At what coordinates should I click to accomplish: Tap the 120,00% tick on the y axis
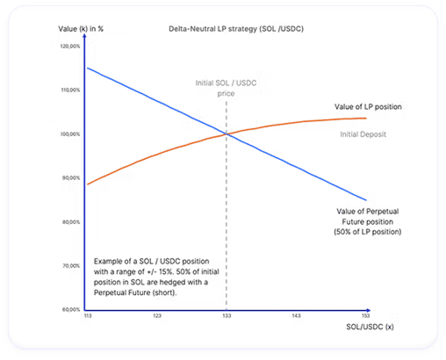[x=69, y=46]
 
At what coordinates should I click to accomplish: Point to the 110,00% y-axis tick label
[x=69, y=90]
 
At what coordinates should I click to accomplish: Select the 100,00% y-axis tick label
[x=69, y=133]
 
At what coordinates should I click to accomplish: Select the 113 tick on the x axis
[x=88, y=315]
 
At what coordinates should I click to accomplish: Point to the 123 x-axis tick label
[x=157, y=315]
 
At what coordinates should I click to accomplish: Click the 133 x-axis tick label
[x=227, y=315]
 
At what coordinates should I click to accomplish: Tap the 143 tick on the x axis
[x=296, y=315]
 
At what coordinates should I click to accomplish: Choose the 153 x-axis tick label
[x=364, y=315]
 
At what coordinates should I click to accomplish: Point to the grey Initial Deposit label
[x=363, y=133]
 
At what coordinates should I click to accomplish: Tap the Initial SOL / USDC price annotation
[x=226, y=88]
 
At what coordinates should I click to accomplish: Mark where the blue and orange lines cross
[x=227, y=133]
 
